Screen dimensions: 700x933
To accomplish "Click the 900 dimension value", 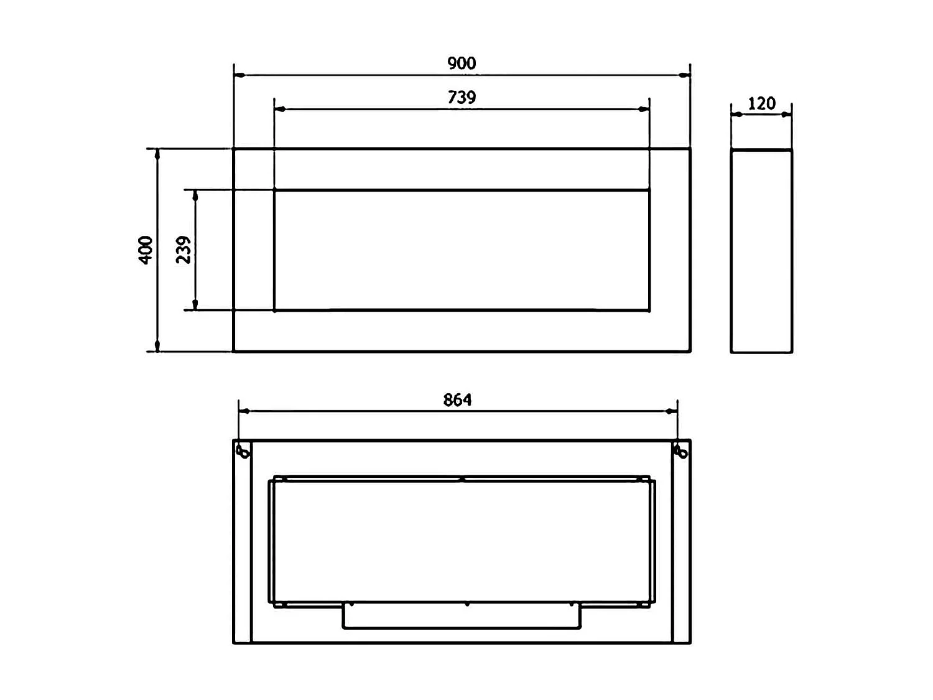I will (x=462, y=63).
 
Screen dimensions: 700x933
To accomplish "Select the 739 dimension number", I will (x=462, y=97).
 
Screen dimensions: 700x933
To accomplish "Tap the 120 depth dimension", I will (x=761, y=103).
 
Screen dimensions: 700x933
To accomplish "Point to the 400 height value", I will (x=146, y=250).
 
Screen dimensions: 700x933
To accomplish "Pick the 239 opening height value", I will (x=183, y=250).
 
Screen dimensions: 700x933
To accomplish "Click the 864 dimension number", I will (x=457, y=399).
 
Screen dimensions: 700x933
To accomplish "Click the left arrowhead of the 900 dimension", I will (x=239, y=75).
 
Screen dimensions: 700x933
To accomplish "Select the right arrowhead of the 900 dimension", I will (x=684, y=75).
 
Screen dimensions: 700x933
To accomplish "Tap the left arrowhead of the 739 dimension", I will (x=280, y=110).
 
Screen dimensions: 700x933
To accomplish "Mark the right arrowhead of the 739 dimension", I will (x=644, y=110).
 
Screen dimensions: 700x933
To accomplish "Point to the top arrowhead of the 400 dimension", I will (x=157, y=154).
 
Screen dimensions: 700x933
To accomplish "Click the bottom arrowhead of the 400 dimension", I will (x=157, y=346).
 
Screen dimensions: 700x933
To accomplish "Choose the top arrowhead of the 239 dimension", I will (x=195, y=196).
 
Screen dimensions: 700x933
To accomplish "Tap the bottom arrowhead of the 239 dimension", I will (x=195, y=304).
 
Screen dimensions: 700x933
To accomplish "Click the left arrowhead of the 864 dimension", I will (x=244, y=411).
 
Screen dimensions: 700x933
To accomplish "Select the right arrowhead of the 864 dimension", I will (x=671, y=411).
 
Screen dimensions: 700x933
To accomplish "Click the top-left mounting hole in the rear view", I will (x=243, y=451).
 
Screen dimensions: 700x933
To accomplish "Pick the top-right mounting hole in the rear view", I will (x=681, y=451).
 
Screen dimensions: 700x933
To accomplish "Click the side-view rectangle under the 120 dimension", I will (x=761, y=251).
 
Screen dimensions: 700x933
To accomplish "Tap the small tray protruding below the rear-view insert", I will (x=462, y=616).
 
